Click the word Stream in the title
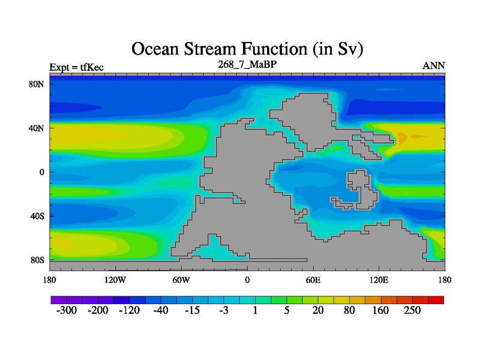[211, 49]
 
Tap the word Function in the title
[275, 49]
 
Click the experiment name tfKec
[92, 67]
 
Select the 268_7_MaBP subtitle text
[247, 64]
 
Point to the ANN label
[433, 65]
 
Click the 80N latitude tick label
[36, 84]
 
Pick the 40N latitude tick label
[36, 128]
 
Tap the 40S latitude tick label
[37, 216]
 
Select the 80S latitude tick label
[37, 260]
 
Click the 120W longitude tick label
[115, 280]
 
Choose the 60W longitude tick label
[181, 280]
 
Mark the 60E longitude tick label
[313, 280]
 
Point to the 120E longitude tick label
[379, 280]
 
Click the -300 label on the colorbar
[67, 310]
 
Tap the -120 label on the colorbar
[129, 310]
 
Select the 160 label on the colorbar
[380, 310]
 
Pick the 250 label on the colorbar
[412, 310]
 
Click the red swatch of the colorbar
[436, 300]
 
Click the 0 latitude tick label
[41, 172]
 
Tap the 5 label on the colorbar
[287, 310]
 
